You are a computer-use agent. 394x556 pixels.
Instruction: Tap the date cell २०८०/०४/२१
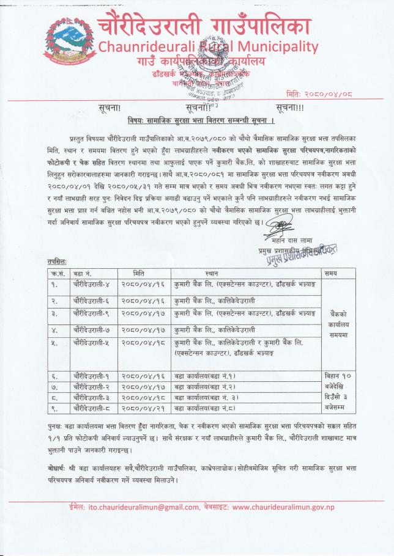click(143, 406)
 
